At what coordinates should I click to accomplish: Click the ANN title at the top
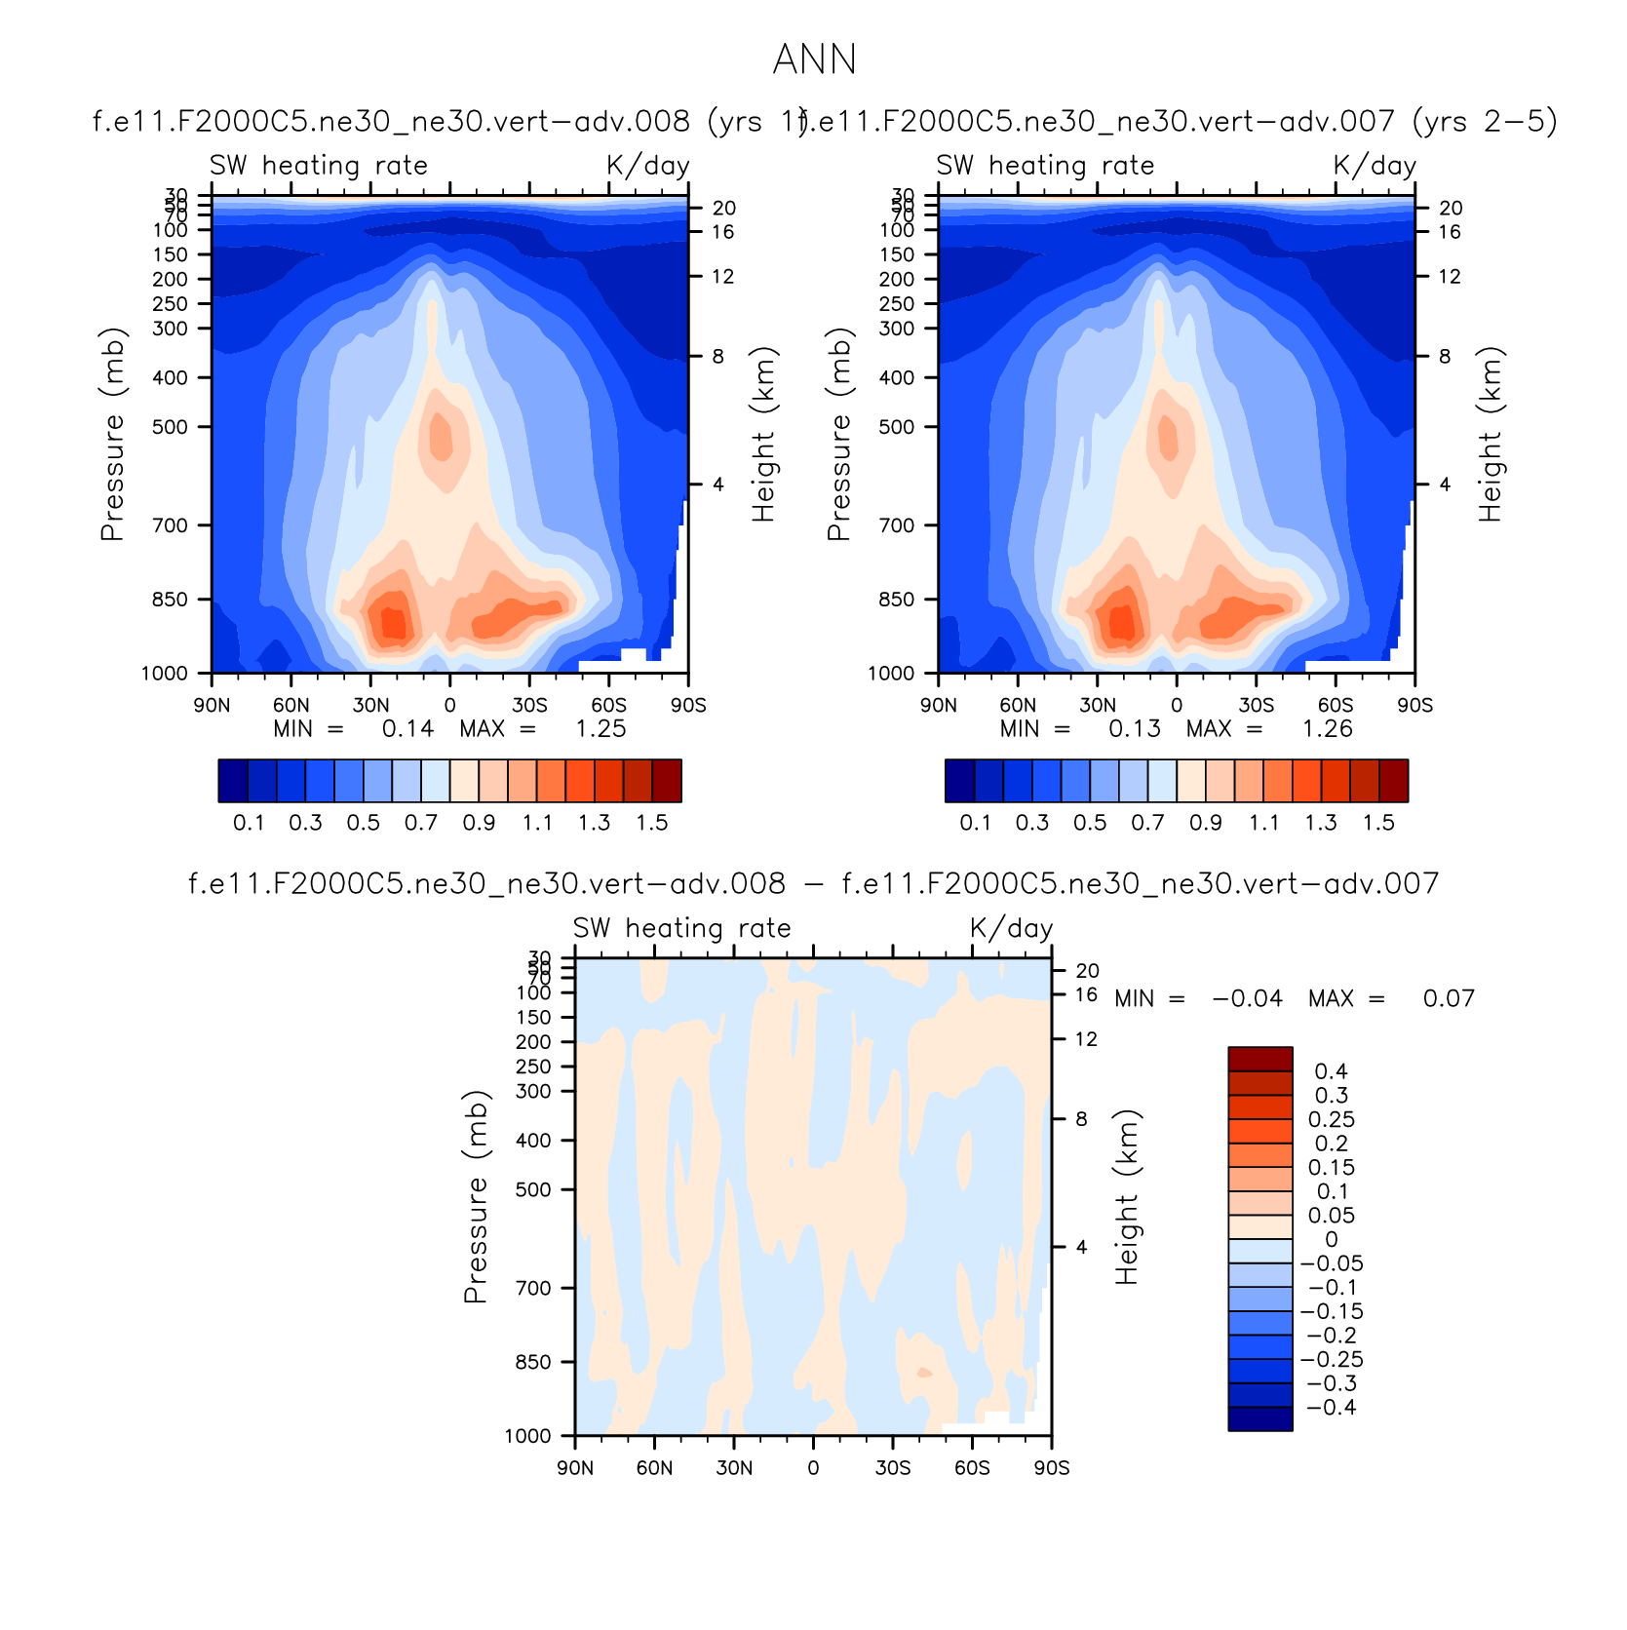coord(814,59)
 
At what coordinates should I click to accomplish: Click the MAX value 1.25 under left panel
coord(600,729)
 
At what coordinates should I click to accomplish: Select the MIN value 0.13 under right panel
coord(1134,729)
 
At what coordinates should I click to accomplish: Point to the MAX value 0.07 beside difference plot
coord(1449,998)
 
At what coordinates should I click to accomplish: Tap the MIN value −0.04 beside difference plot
coord(1247,998)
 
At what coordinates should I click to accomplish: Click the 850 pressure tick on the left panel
coord(171,600)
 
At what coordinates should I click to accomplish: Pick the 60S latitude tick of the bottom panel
coord(972,1468)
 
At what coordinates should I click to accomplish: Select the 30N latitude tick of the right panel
coord(1098,706)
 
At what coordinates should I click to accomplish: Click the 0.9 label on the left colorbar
coord(479,823)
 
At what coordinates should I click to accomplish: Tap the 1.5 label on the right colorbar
coord(1378,823)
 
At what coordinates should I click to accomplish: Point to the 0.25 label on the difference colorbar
coord(1332,1119)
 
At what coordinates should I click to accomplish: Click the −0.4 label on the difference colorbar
coord(1332,1407)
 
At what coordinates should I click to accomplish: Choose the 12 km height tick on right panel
coord(1450,277)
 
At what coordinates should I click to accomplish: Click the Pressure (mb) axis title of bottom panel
coord(475,1197)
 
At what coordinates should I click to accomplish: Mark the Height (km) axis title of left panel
coord(763,435)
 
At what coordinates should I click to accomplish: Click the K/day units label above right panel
coord(1375,166)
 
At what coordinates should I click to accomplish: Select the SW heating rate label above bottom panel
coord(681,928)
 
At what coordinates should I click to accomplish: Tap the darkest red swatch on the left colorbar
coord(667,781)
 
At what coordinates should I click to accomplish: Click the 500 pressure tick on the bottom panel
coord(534,1189)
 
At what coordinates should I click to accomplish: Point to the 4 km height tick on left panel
coord(718,485)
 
